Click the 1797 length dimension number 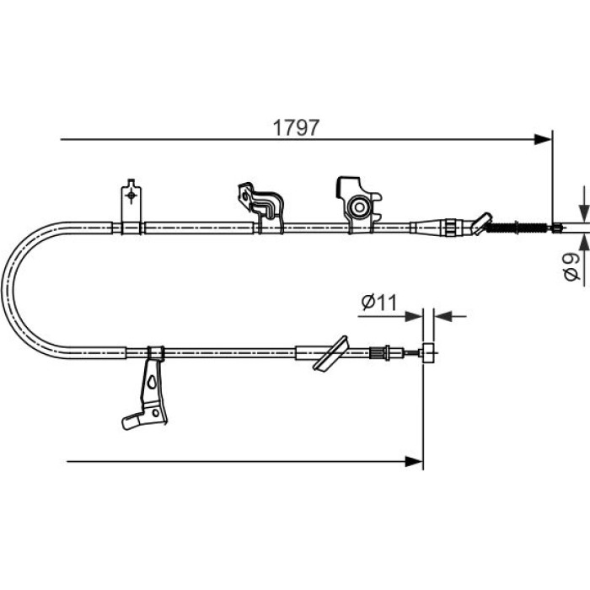(296, 127)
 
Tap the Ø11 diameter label (379, 302)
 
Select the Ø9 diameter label (572, 266)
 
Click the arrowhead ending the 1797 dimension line (543, 140)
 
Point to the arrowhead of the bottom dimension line (414, 461)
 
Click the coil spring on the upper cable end (516, 228)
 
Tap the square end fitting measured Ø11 (428, 353)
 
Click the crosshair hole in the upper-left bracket (131, 196)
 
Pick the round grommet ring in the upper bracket (359, 207)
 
